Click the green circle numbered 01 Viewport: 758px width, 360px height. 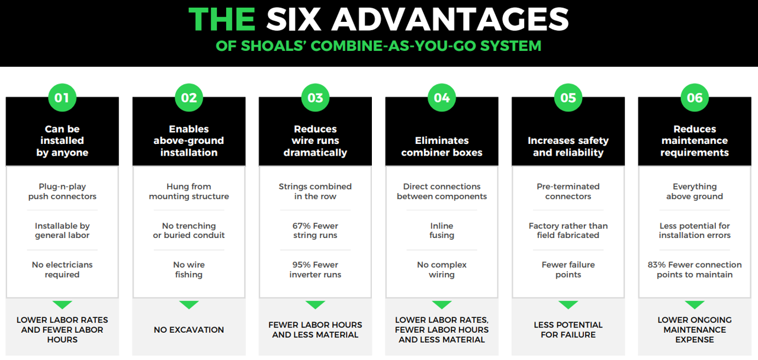point(62,98)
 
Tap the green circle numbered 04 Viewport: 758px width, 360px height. point(442,98)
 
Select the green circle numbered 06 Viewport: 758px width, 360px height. point(695,98)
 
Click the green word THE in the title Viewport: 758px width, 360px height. point(222,20)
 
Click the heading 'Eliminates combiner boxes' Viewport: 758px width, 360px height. point(442,146)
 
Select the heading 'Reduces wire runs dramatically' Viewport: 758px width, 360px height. point(315,141)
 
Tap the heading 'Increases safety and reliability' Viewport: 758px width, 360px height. point(568,146)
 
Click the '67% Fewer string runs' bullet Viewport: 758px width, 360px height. point(315,230)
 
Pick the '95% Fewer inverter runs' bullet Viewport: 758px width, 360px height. point(315,269)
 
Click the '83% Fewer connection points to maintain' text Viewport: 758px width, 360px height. point(695,269)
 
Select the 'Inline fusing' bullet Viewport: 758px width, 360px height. point(442,230)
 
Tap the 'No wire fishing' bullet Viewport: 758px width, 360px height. point(189,269)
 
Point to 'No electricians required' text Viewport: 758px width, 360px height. point(62,269)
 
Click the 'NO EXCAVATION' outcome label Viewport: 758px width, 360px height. point(189,330)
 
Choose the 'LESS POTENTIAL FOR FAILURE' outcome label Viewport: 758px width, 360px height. point(568,330)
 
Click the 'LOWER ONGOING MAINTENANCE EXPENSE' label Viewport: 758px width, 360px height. point(695,330)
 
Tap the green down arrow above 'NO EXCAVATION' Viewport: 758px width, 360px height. point(189,305)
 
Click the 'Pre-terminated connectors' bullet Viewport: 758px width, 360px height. point(568,191)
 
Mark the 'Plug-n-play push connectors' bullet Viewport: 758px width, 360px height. point(62,191)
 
